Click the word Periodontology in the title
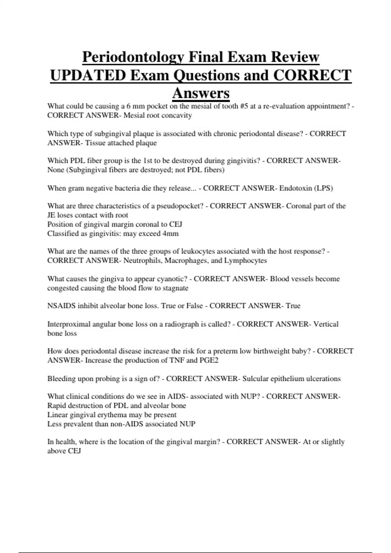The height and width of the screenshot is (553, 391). click(x=133, y=57)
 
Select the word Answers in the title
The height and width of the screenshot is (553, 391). click(x=201, y=93)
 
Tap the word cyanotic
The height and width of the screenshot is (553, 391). click(x=172, y=279)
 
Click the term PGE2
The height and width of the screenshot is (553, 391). click(x=209, y=360)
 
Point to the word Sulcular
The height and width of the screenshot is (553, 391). click(x=255, y=379)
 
